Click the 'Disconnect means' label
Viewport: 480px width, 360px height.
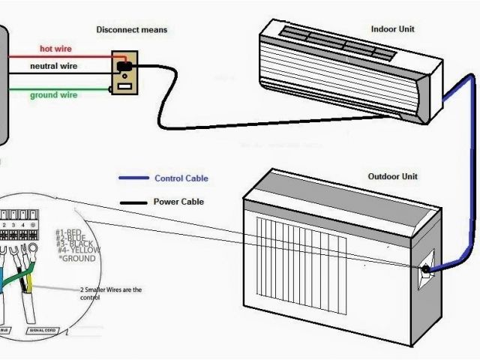coord(131,30)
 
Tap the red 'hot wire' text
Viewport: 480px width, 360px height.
coord(55,49)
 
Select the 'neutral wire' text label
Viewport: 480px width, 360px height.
coord(53,67)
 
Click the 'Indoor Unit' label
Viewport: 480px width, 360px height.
coord(393,29)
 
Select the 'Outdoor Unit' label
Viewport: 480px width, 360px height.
coord(393,177)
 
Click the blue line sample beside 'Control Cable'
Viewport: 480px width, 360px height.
coord(133,178)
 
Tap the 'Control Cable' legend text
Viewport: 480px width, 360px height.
coord(181,178)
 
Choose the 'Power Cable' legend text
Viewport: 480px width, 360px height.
coord(178,202)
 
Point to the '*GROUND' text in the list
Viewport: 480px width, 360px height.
coord(76,259)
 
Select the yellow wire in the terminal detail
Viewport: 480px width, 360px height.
coord(28,281)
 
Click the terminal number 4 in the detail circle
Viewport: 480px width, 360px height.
coord(23,225)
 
